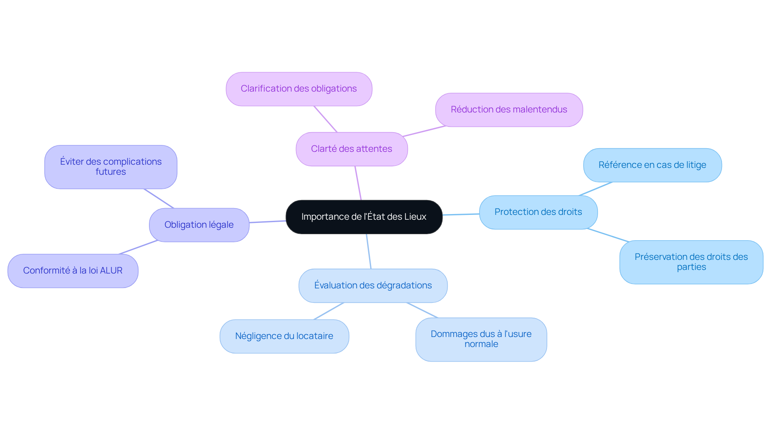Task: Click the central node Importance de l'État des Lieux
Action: [364, 217]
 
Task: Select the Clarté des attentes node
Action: [352, 149]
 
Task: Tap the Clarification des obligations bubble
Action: [299, 89]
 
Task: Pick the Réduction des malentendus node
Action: [509, 110]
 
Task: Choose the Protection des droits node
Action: [538, 212]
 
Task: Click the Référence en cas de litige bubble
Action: [652, 165]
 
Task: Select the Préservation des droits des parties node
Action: [691, 262]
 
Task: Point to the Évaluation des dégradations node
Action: [373, 286]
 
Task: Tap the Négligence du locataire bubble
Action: [284, 336]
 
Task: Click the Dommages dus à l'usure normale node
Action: [481, 339]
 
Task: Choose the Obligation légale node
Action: [199, 225]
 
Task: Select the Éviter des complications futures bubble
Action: [111, 167]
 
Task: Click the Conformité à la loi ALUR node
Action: [73, 271]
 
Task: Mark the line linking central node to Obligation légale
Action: [267, 222]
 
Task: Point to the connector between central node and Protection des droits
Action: [461, 214]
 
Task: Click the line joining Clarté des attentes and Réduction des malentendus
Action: [424, 131]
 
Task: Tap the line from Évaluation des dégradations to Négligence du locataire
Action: [328, 311]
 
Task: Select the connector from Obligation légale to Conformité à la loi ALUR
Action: [139, 247]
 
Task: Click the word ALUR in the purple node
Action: [111, 271]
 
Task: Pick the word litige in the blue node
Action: [696, 165]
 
